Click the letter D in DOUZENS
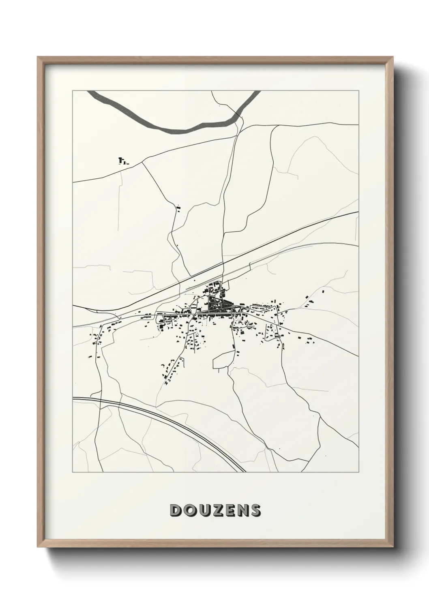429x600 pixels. click(176, 510)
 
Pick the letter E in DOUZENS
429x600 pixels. click(229, 510)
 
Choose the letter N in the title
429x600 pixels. click(242, 510)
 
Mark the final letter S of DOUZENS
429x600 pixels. click(255, 510)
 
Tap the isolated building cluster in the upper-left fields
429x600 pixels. click(122, 161)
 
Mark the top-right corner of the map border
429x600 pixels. click(358, 91)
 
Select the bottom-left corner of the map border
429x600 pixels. click(73, 472)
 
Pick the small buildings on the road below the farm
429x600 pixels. click(178, 209)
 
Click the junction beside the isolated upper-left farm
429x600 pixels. click(143, 162)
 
